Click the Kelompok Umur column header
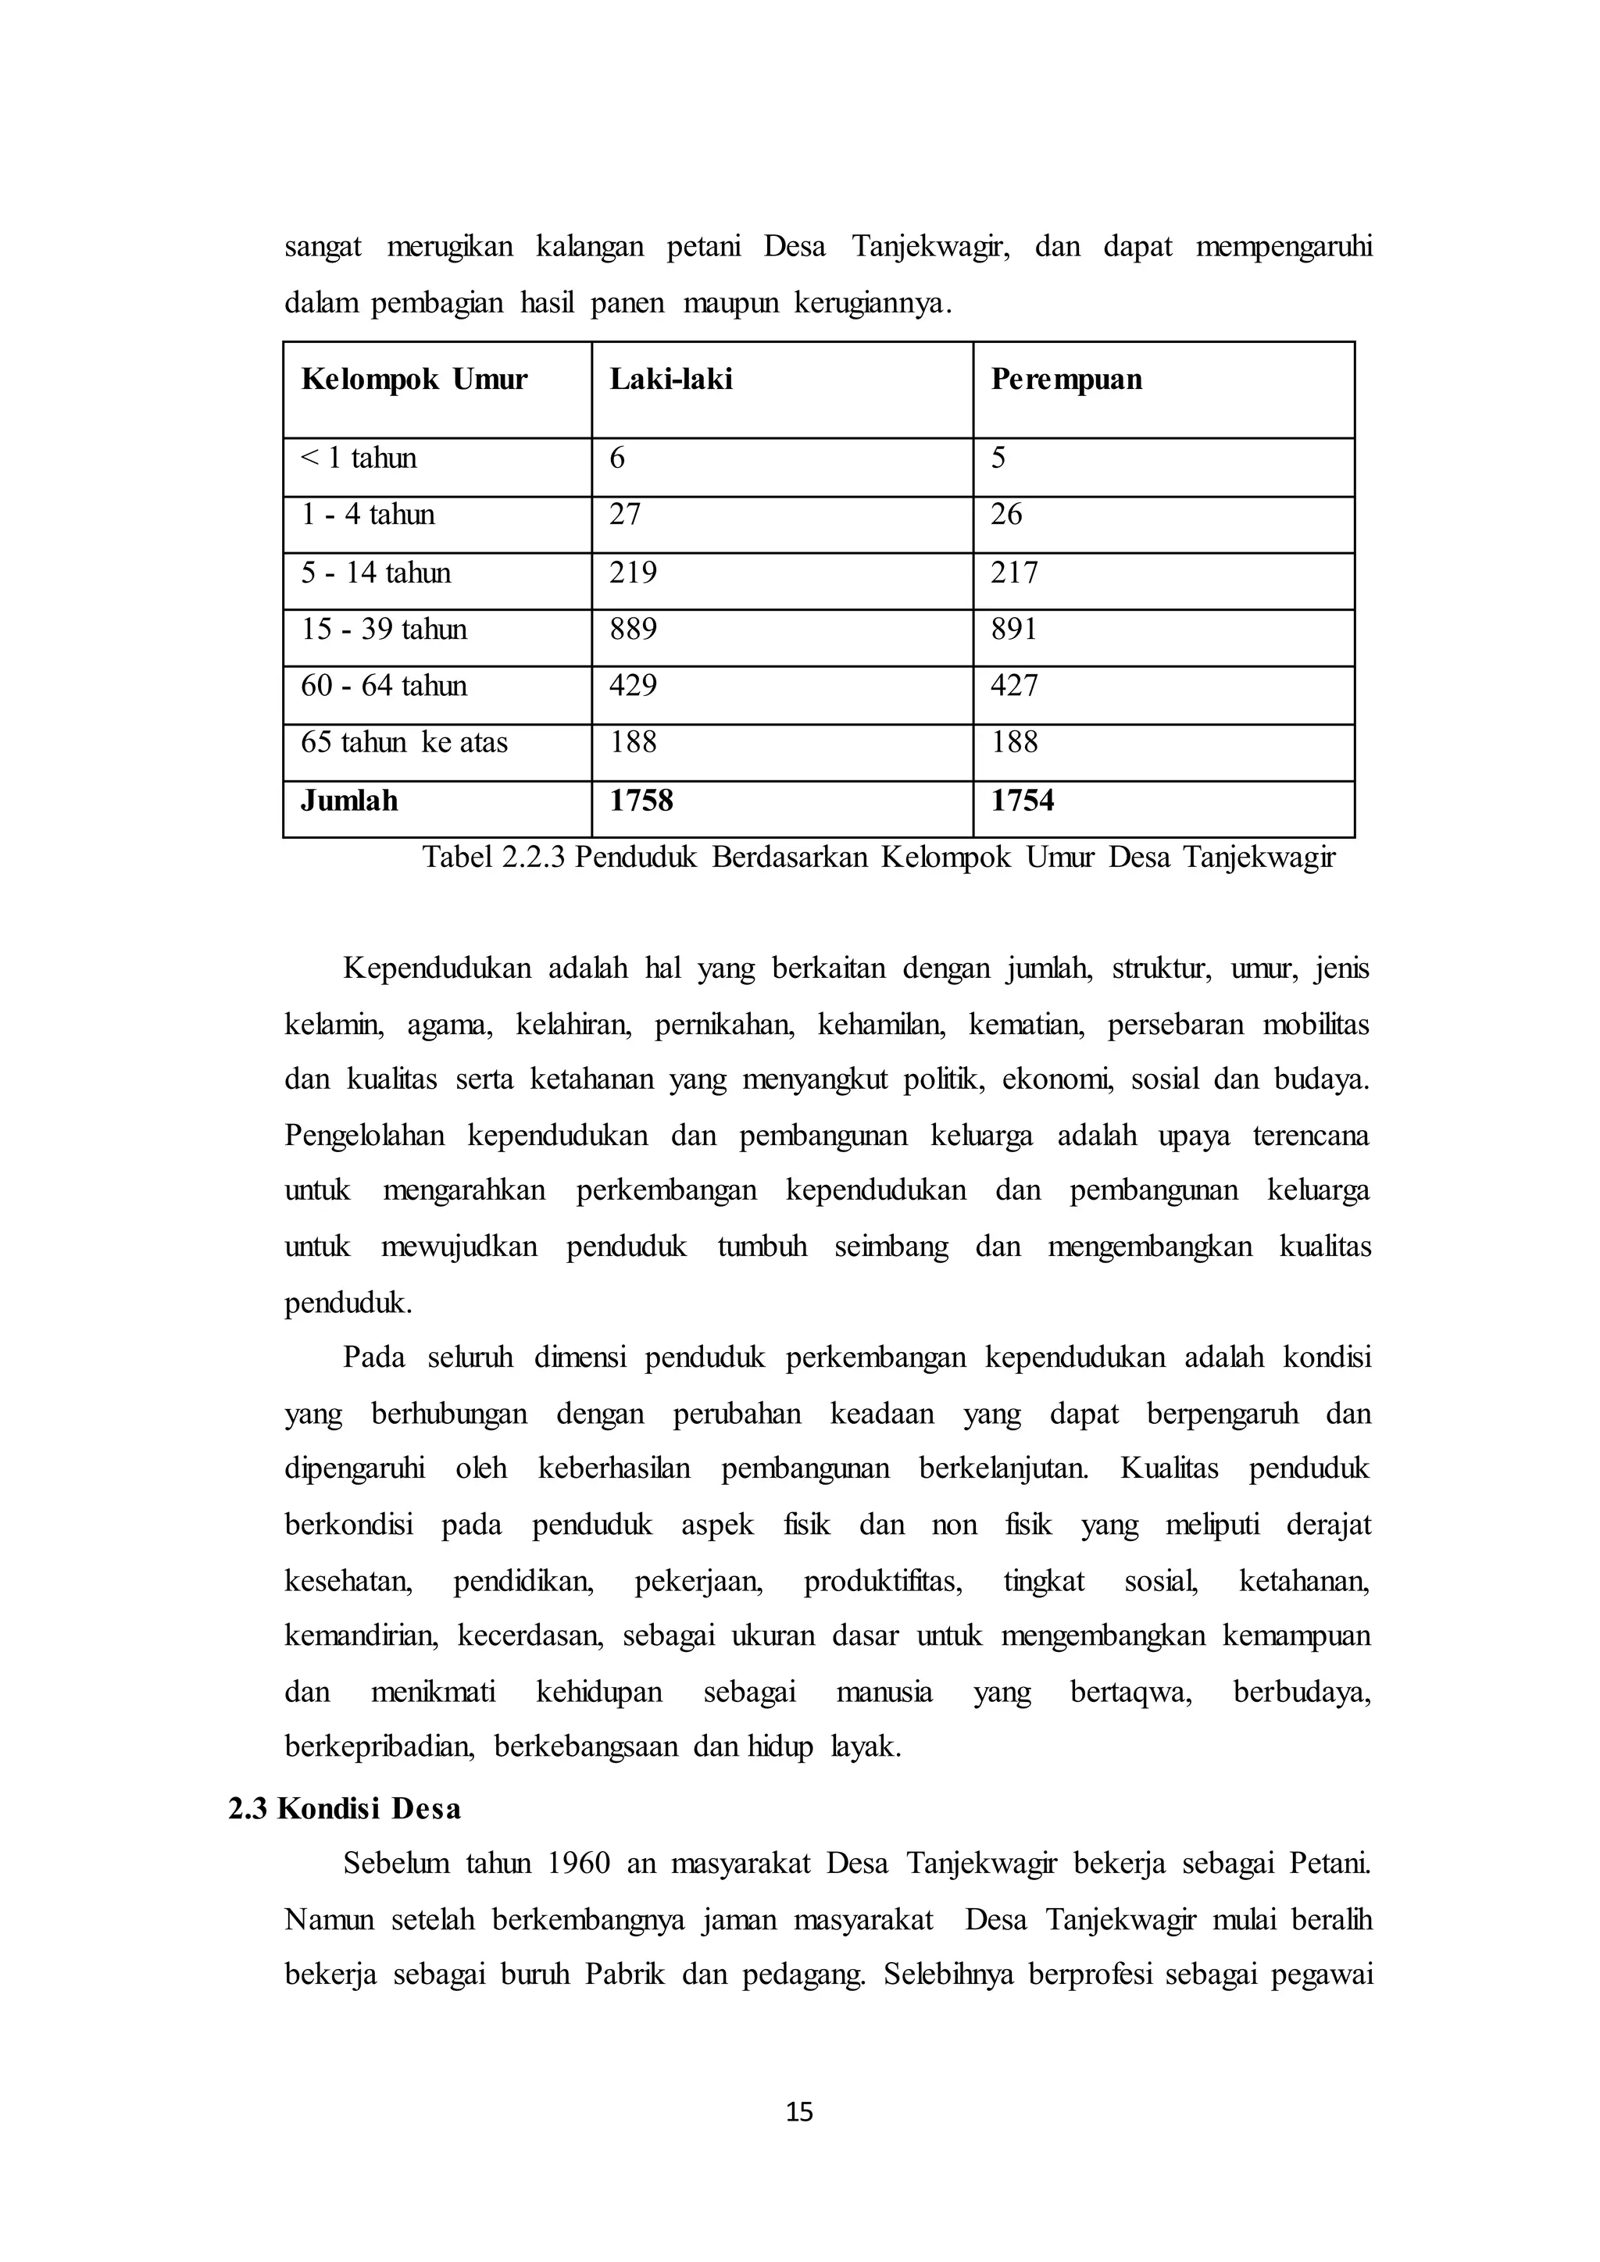coord(414,380)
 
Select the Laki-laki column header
coord(671,380)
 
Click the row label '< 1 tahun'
coord(359,458)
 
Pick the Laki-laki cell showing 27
coord(625,514)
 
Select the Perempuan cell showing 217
coord(1014,573)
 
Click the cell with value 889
coord(633,629)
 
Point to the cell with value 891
coord(1014,629)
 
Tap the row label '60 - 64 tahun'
coord(384,686)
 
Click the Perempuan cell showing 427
coord(1014,686)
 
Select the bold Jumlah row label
coord(350,800)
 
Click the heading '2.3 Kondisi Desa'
coord(345,1809)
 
